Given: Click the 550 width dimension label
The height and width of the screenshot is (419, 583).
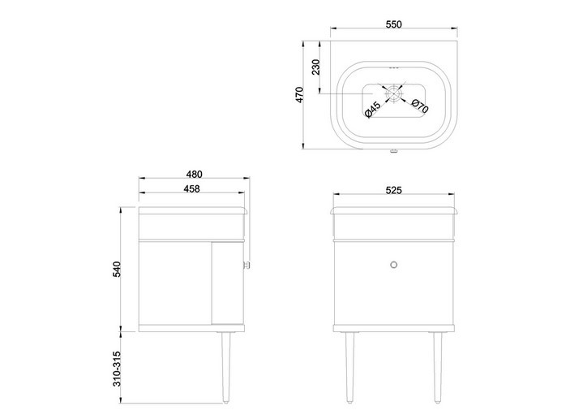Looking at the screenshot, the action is pyautogui.click(x=394, y=24).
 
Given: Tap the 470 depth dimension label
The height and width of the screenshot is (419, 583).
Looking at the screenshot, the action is pyautogui.click(x=299, y=95).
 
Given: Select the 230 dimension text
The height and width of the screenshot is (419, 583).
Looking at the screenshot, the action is pyautogui.click(x=315, y=67).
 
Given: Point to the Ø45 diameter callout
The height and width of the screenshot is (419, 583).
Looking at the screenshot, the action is pyautogui.click(x=372, y=110).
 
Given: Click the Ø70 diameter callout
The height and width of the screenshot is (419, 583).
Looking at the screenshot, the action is pyautogui.click(x=420, y=106).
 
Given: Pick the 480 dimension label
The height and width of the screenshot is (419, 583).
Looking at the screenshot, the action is pyautogui.click(x=194, y=175).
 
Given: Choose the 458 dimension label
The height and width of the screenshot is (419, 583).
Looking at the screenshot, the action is pyautogui.click(x=192, y=189).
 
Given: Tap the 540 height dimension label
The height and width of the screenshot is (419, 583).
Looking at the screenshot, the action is pyautogui.click(x=117, y=269).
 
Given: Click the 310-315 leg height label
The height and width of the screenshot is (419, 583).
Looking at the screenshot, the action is pyautogui.click(x=117, y=369).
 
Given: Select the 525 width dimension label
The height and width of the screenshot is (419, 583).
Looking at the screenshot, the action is pyautogui.click(x=394, y=190).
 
